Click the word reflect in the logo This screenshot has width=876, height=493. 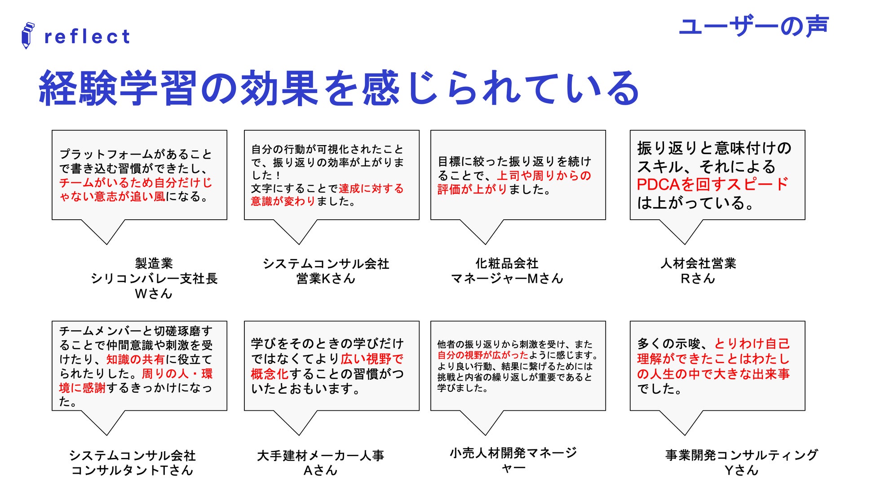[87, 37]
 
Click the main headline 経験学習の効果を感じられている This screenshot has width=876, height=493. [339, 88]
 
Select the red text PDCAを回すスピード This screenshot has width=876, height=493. [712, 184]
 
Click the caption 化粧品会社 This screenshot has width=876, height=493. [507, 263]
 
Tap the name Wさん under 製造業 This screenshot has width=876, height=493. [154, 294]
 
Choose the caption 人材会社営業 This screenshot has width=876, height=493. [698, 263]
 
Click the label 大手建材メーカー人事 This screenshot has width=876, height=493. [320, 456]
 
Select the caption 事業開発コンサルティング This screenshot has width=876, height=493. [741, 455]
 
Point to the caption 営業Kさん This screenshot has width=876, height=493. [326, 279]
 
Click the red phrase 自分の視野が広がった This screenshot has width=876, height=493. [482, 355]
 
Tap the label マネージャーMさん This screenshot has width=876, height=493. [507, 279]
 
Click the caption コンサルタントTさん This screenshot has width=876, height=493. [132, 471]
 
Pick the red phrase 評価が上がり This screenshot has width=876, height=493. [472, 190]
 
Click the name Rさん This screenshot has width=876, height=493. [698, 279]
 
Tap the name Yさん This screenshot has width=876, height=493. [741, 471]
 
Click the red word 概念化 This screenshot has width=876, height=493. [270, 374]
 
